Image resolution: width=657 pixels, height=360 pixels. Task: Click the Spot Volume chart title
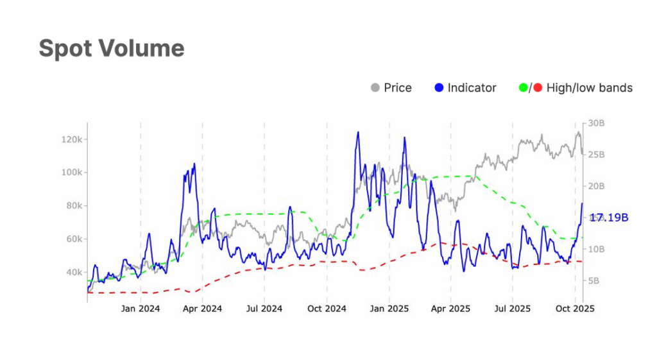tap(112, 48)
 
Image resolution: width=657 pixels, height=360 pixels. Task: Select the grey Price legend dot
tap(375, 88)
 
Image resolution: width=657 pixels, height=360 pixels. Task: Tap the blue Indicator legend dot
tap(439, 88)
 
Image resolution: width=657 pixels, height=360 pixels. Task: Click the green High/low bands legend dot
tap(523, 88)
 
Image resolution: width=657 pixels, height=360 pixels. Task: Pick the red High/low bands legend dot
tap(538, 88)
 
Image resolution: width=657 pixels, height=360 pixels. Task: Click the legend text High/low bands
tap(589, 88)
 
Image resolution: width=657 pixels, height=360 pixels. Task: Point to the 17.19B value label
tap(609, 218)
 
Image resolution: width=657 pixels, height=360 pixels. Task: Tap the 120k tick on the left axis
tap(67, 139)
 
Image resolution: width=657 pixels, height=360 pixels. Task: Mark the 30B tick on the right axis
tap(597, 123)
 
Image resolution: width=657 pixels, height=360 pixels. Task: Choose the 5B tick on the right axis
tap(594, 281)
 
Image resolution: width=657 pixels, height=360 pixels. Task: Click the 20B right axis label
tap(597, 186)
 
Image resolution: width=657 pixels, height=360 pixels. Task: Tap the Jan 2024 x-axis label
tap(141, 309)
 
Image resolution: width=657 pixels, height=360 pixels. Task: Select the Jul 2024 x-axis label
tap(264, 309)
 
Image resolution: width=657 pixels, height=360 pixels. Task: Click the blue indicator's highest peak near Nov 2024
tap(357, 132)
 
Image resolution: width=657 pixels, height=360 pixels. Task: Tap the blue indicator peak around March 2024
tap(194, 164)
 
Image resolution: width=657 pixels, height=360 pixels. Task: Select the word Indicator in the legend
tap(472, 88)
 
